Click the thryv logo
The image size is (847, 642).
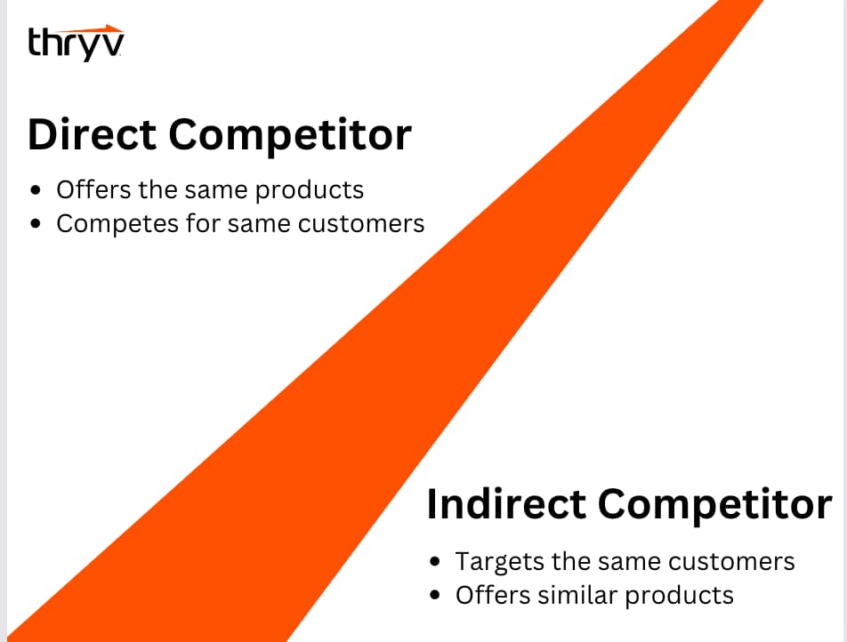(x=76, y=44)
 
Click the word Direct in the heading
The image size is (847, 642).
(x=93, y=134)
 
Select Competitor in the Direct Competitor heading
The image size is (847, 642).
(x=290, y=136)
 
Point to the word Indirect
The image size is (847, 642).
(x=506, y=504)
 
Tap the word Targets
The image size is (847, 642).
(x=500, y=562)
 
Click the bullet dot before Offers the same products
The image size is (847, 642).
(x=36, y=190)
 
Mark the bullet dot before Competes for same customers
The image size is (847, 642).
(x=36, y=223)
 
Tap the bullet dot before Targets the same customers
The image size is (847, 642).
(x=435, y=562)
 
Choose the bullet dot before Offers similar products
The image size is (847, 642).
(x=435, y=595)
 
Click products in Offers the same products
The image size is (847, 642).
(x=310, y=191)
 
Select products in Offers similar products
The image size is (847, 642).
(x=680, y=597)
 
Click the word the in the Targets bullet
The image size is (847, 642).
(x=571, y=562)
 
